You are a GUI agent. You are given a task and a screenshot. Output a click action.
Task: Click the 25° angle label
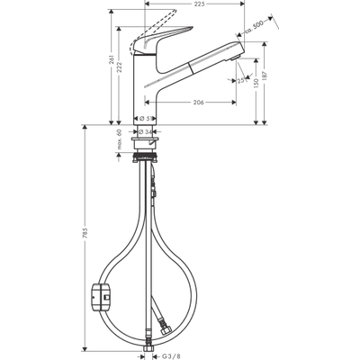point(242,80)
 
